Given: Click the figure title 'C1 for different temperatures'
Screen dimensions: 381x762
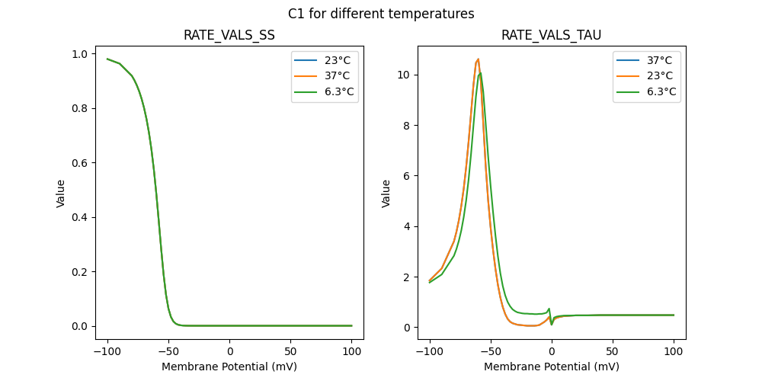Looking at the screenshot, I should point(381,14).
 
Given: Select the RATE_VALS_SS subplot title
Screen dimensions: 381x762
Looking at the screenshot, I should point(229,35).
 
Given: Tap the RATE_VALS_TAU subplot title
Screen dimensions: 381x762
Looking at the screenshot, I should point(552,35).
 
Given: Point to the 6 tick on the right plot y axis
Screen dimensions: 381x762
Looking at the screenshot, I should point(408,176).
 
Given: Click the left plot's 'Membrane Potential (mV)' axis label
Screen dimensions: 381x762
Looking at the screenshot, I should point(229,367).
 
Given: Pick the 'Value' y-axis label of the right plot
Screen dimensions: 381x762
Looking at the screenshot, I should point(386,193).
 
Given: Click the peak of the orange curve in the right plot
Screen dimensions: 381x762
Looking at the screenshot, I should point(478,59).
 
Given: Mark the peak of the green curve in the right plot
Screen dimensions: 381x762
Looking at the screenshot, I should point(480,73).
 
